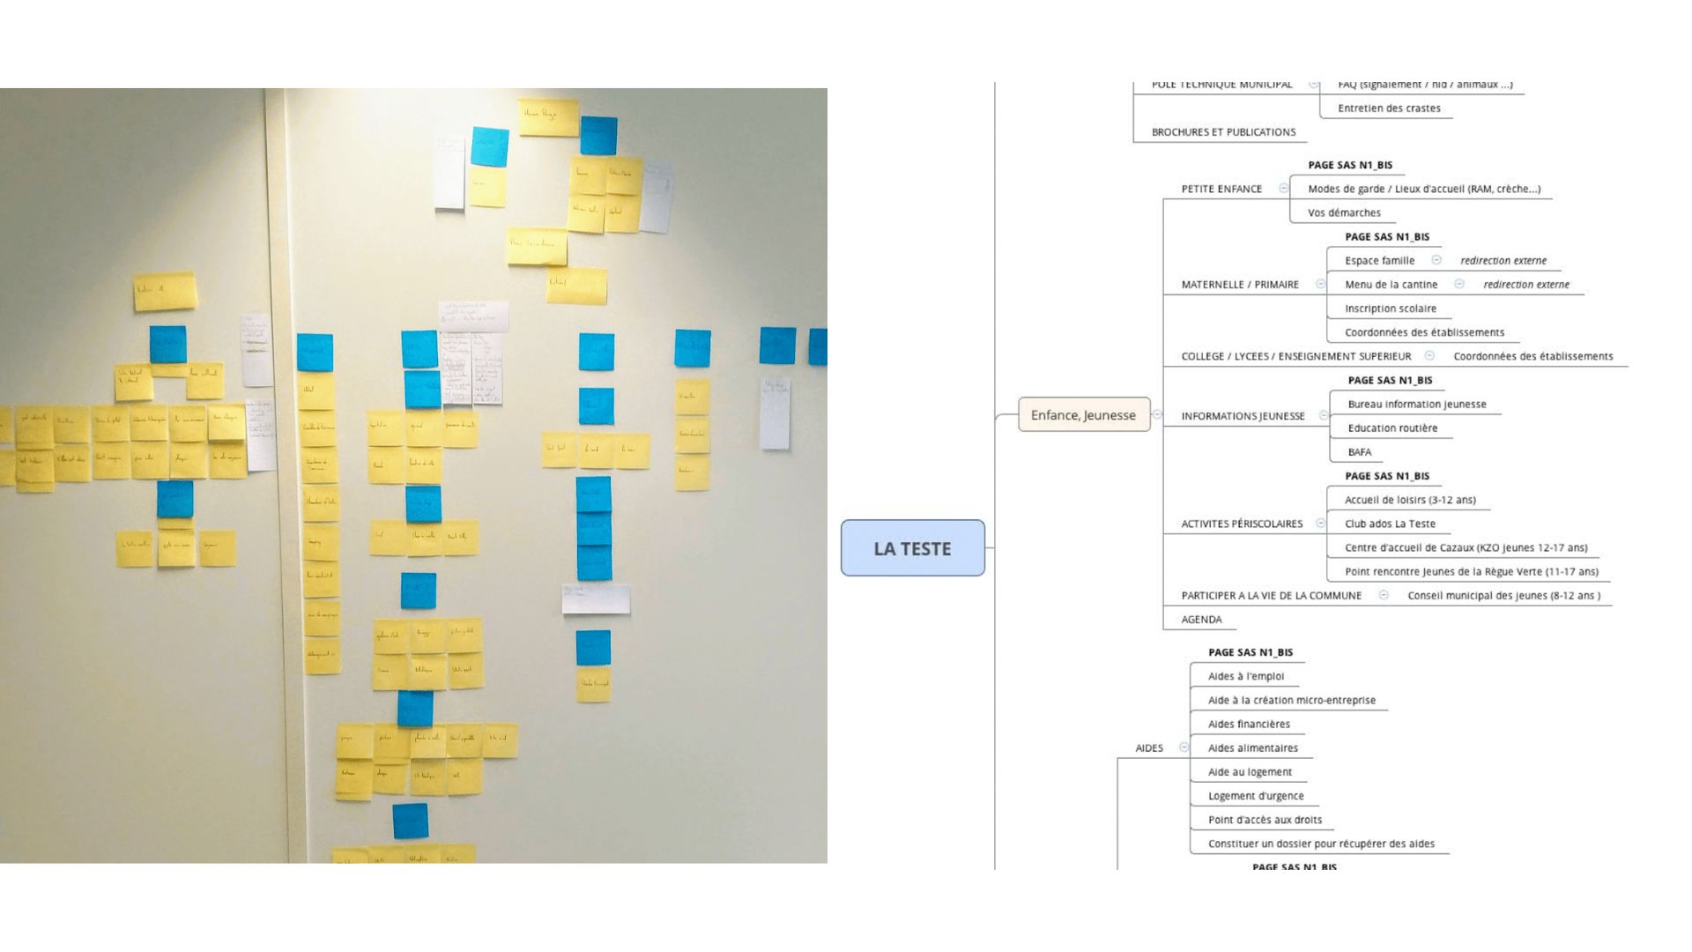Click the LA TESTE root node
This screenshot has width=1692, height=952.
coord(912,548)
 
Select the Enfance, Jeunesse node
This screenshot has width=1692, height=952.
coord(1083,415)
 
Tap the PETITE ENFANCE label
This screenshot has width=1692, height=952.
coord(1221,189)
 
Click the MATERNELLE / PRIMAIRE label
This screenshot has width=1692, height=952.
coord(1240,285)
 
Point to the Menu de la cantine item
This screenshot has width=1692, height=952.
coord(1391,285)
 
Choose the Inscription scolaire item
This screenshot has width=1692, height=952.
coord(1390,309)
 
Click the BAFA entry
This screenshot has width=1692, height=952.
coord(1359,452)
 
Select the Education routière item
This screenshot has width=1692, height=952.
coord(1392,428)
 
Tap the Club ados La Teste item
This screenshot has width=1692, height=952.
coord(1390,524)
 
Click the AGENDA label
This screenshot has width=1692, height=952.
coord(1201,620)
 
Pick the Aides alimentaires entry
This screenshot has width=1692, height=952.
coord(1252,748)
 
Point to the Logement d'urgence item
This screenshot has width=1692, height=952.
coord(1256,796)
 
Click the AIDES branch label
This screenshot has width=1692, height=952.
coord(1149,748)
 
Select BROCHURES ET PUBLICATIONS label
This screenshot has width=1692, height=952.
coord(1223,132)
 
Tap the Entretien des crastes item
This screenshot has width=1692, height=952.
coord(1389,108)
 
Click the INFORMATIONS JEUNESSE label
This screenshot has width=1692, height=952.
coord(1243,416)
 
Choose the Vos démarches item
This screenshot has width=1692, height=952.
coord(1344,212)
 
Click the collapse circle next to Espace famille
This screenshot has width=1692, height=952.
coord(1436,260)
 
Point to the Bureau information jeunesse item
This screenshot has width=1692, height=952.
coord(1416,405)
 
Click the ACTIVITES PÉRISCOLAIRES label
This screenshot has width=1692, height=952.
coord(1242,524)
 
